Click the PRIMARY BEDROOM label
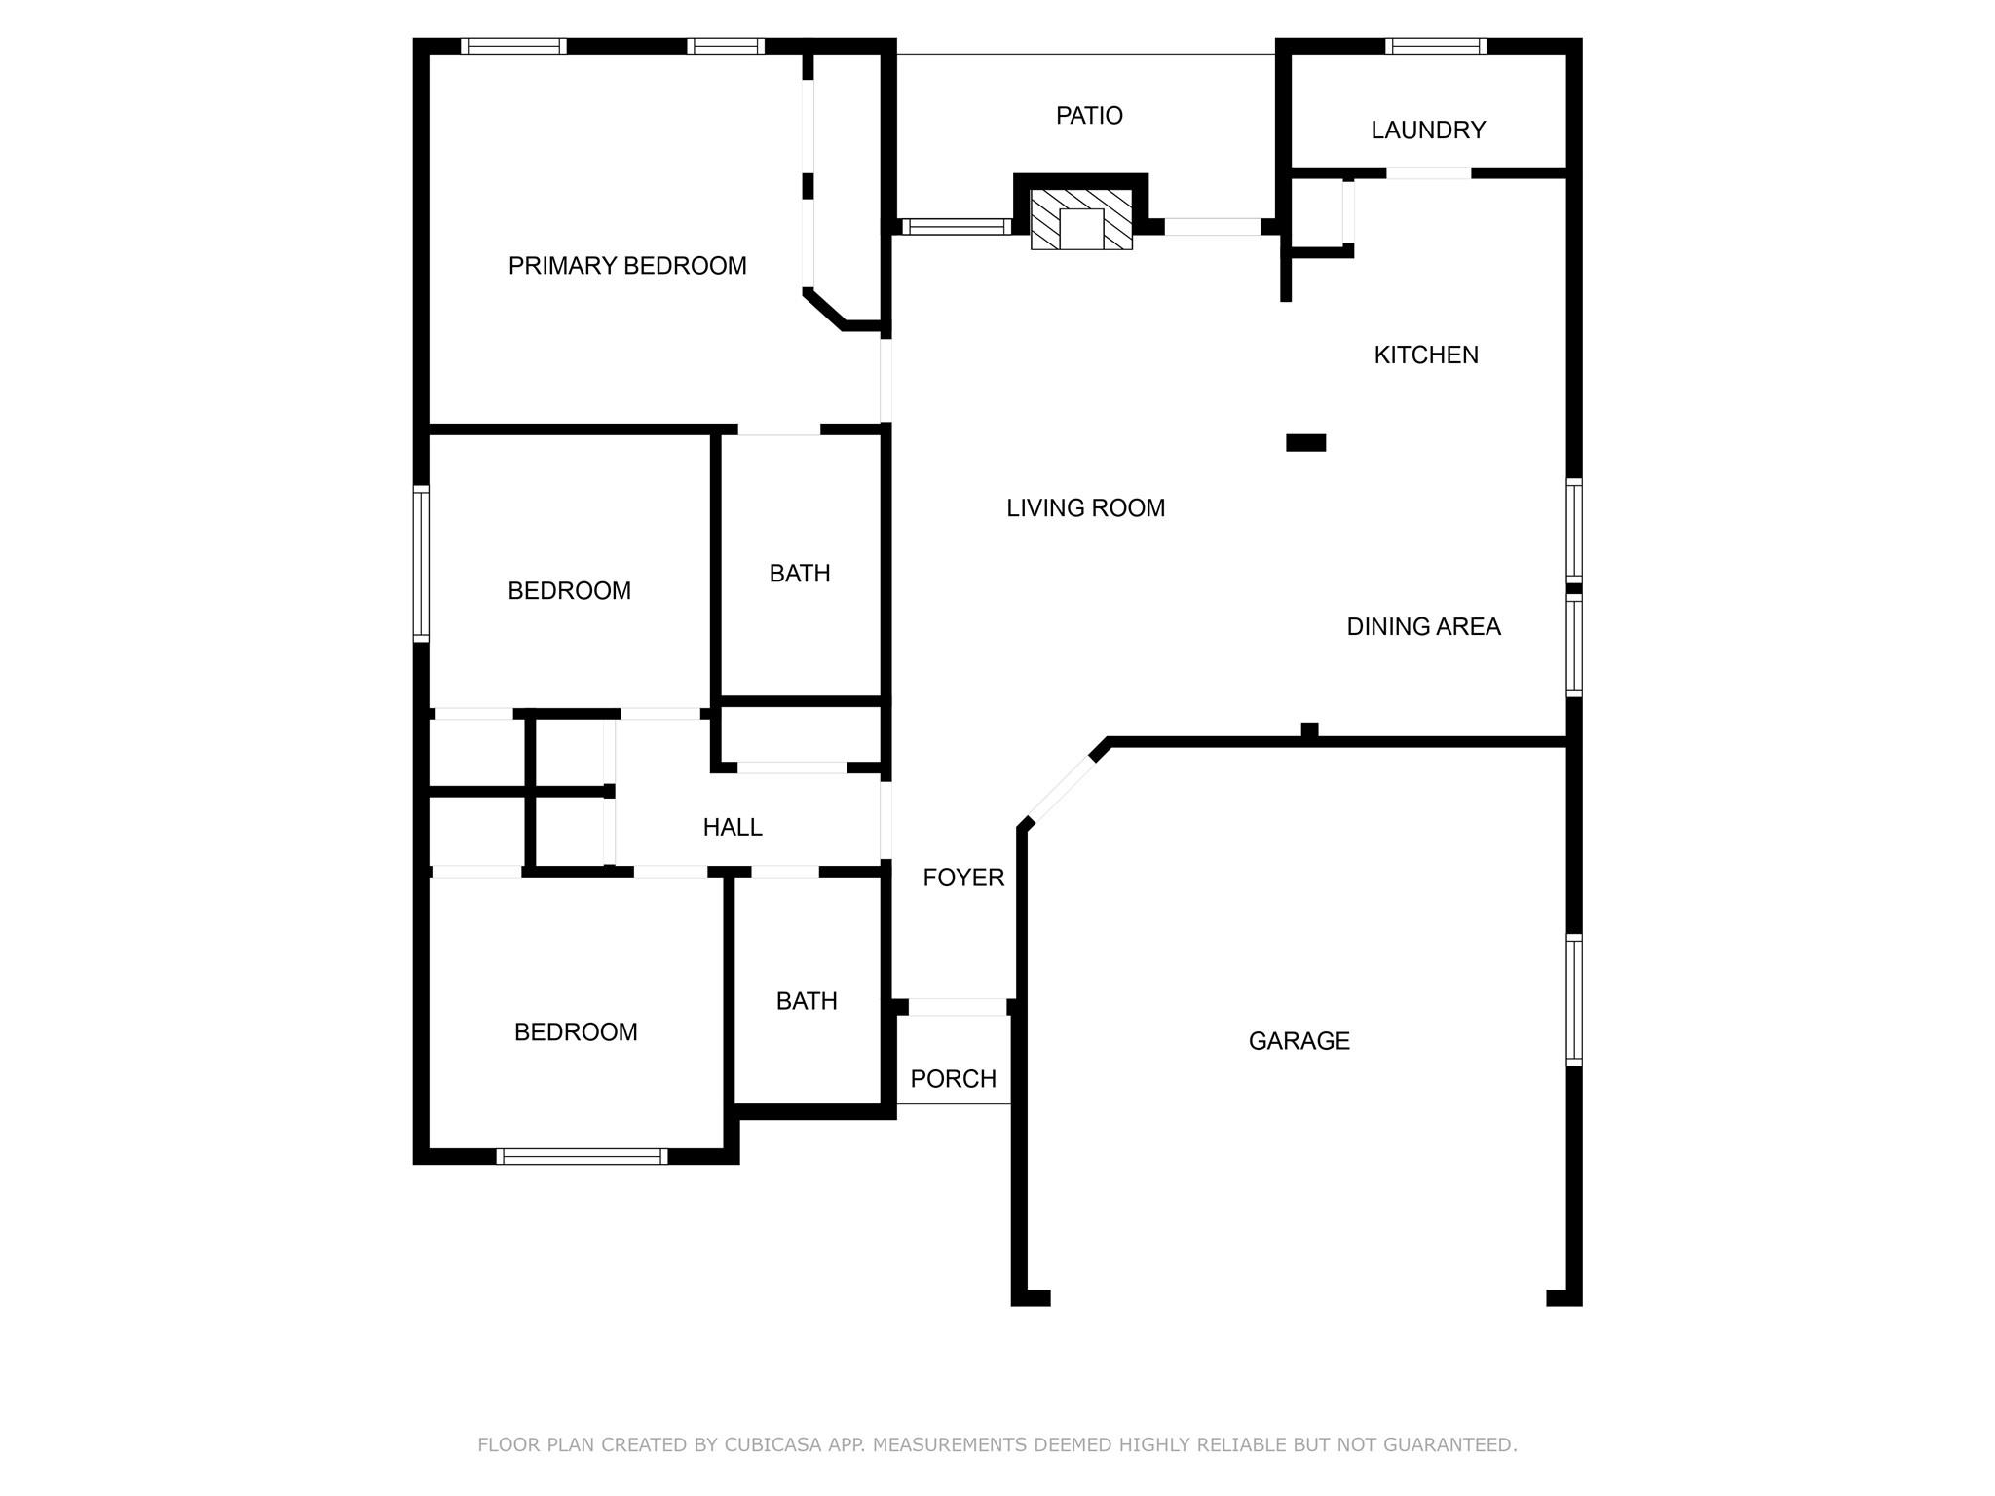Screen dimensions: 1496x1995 coord(627,266)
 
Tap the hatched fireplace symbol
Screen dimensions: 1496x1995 coord(1081,220)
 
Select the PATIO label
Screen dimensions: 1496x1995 coord(1089,116)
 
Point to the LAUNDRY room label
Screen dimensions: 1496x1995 coord(1428,131)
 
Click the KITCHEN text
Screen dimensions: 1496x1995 coord(1426,355)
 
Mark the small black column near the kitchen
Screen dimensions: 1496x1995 coord(1305,443)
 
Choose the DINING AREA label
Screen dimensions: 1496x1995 coord(1423,627)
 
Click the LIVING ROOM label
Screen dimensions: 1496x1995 coord(1085,508)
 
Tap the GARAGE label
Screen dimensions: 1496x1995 coord(1299,1041)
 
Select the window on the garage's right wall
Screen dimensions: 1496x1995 coord(1573,999)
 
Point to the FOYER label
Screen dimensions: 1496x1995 coord(963,878)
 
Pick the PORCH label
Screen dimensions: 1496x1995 coord(953,1079)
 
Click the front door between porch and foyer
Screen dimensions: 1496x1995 coord(957,1007)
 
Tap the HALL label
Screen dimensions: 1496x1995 coord(733,828)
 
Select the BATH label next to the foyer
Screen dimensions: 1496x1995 coord(807,1001)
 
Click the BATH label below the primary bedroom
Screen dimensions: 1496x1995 coord(800,574)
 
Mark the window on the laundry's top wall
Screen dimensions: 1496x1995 coord(1435,46)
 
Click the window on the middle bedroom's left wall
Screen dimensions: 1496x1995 coord(421,564)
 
